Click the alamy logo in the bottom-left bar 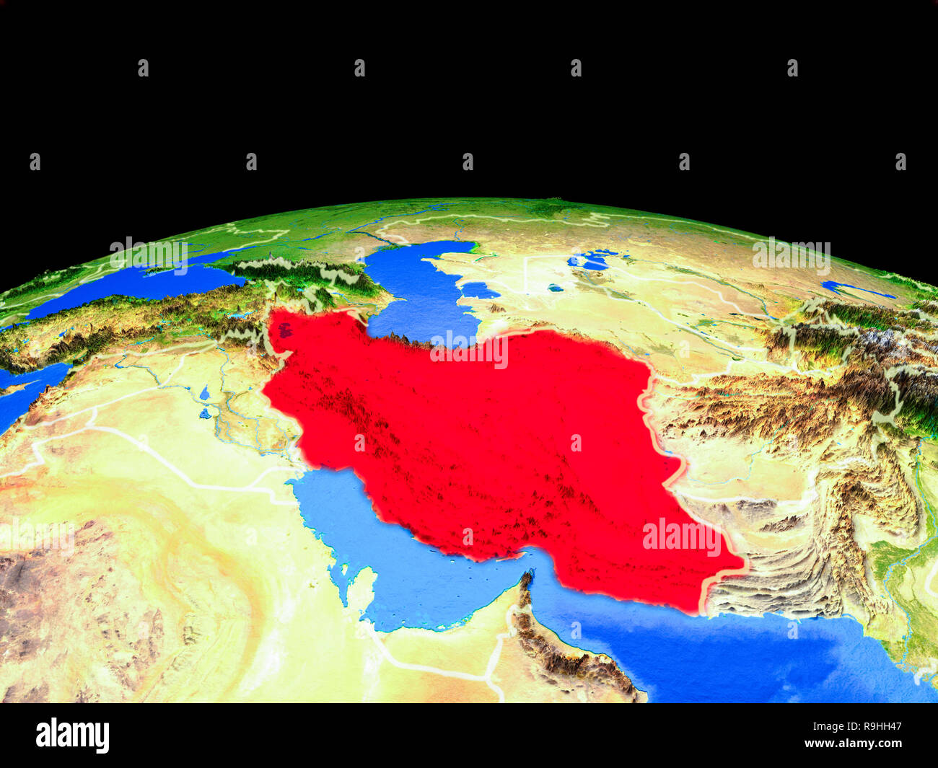point(73,735)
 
